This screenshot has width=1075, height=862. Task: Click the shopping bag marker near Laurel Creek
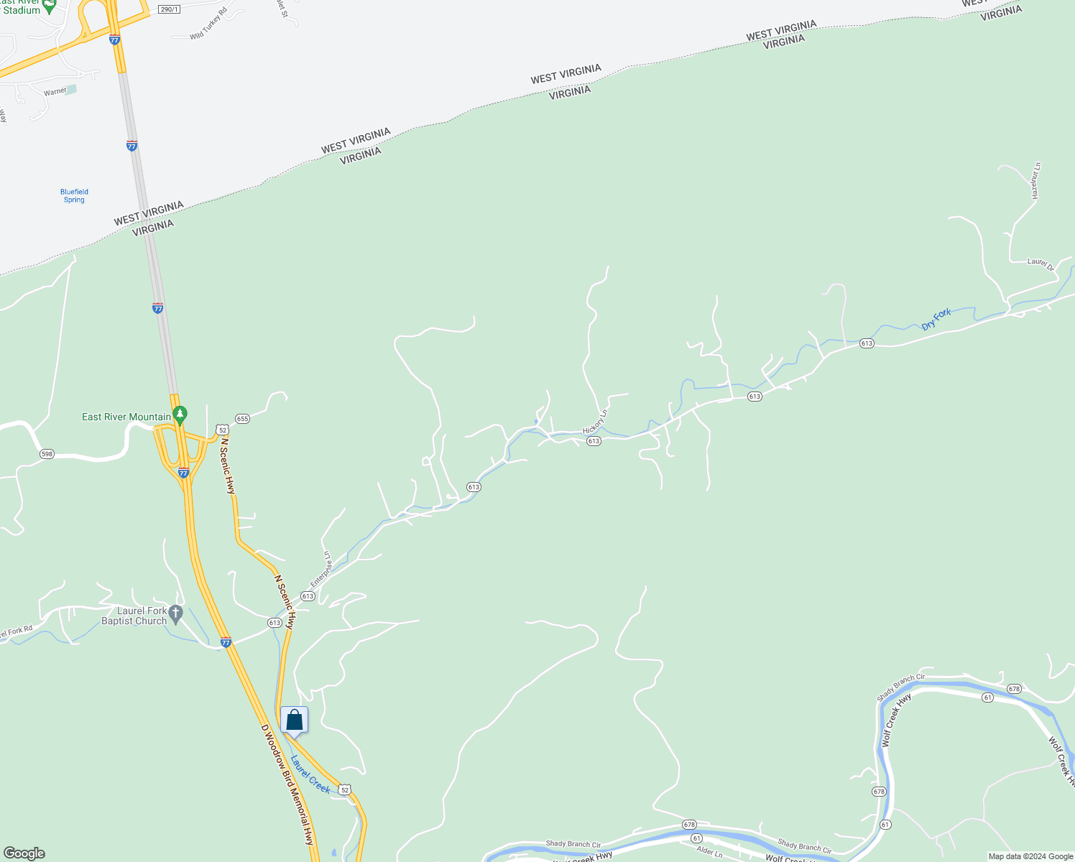click(x=294, y=720)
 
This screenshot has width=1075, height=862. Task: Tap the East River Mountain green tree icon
click(x=180, y=415)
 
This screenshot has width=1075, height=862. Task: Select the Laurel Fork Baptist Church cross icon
click(x=176, y=615)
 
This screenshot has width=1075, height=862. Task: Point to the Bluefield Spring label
click(x=74, y=195)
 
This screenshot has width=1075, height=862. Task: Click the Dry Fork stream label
click(x=936, y=319)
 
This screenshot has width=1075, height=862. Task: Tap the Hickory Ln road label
click(x=595, y=422)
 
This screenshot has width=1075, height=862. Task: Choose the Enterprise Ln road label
click(x=321, y=570)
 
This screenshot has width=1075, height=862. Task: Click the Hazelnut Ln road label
click(x=1035, y=181)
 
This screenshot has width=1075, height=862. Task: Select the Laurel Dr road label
click(x=1040, y=264)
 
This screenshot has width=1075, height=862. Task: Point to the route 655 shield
click(x=242, y=419)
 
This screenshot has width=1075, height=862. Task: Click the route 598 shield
click(x=47, y=454)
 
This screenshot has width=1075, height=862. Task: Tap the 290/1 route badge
click(x=168, y=9)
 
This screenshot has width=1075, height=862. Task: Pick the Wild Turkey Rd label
click(x=208, y=24)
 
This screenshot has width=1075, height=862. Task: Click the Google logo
click(x=24, y=853)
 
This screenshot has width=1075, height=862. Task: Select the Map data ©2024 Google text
click(x=1030, y=856)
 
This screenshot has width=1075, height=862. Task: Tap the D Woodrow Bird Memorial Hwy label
click(x=288, y=784)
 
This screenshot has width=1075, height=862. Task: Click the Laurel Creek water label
click(x=310, y=774)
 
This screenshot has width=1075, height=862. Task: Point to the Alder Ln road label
click(x=709, y=853)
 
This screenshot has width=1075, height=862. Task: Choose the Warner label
click(x=55, y=92)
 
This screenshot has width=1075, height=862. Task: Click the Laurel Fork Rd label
click(x=16, y=632)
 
